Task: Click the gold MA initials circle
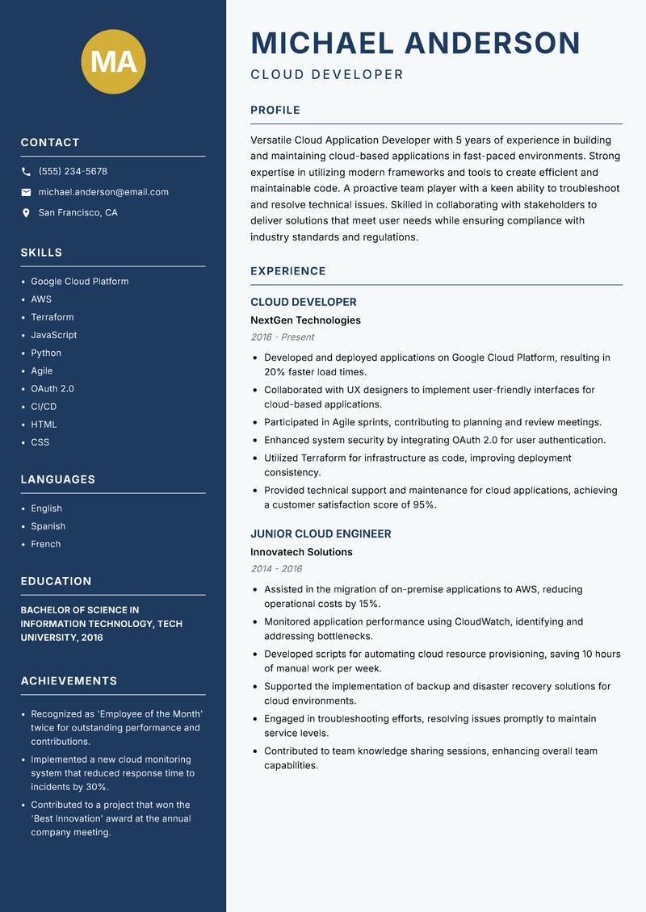coord(114,61)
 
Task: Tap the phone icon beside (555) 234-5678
coord(26,172)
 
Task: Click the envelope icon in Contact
coord(26,192)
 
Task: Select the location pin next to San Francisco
coord(26,213)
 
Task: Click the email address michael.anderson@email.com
coord(103,192)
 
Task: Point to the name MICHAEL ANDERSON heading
coord(415,43)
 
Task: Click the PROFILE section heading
coord(275,111)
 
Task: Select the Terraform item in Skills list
coord(52,317)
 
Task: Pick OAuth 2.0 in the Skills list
coord(52,388)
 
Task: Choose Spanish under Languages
coord(48,526)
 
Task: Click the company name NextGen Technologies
coord(305,320)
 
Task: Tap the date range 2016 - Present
coord(282,337)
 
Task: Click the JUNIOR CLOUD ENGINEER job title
coord(321,533)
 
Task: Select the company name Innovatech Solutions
coord(301,552)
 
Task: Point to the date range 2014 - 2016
coord(276,569)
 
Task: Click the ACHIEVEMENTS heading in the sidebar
coord(69,681)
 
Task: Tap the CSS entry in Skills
coord(40,442)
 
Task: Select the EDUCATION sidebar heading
coord(56,581)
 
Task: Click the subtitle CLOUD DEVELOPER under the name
coord(326,75)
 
